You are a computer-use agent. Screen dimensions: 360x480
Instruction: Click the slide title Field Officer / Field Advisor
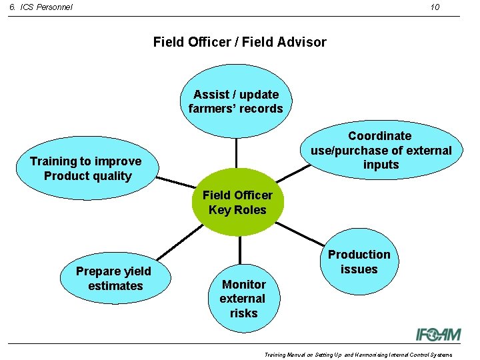pyautogui.click(x=239, y=42)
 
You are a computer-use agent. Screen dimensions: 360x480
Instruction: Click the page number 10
pyautogui.click(x=435, y=7)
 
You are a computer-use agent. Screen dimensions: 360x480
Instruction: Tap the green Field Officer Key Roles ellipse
pyautogui.click(x=237, y=203)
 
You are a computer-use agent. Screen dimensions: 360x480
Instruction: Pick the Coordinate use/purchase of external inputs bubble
pyautogui.click(x=381, y=150)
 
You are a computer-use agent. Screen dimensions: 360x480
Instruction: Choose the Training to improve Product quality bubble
pyautogui.click(x=86, y=169)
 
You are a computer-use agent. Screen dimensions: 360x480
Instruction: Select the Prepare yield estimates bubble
pyautogui.click(x=113, y=279)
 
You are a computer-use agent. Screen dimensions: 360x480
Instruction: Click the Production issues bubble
pyautogui.click(x=359, y=262)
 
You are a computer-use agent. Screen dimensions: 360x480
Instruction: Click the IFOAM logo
pyautogui.click(x=433, y=333)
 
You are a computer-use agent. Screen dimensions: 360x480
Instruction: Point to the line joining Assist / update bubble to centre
pyautogui.click(x=237, y=153)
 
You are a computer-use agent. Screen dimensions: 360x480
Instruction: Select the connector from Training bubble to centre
pyautogui.click(x=175, y=183)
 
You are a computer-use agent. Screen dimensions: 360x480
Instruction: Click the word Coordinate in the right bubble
pyautogui.click(x=380, y=136)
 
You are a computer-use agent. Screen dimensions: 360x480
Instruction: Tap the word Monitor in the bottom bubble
pyautogui.click(x=243, y=284)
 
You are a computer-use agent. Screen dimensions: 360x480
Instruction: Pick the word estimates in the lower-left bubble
pyautogui.click(x=115, y=286)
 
